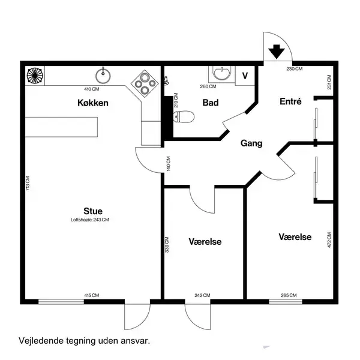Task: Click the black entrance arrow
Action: [277, 52]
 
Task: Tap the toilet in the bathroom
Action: [184, 116]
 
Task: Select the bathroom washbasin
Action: [222, 73]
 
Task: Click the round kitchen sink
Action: [103, 76]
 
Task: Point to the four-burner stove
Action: [145, 83]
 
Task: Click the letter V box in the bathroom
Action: [245, 76]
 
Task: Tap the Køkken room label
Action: [93, 103]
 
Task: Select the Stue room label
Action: [93, 211]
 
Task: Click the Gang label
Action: [251, 143]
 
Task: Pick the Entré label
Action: [290, 101]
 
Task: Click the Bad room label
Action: [211, 103]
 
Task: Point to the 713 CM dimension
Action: [28, 183]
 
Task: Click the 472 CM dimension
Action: [329, 240]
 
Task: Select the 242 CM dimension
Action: [202, 295]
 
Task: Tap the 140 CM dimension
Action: [169, 164]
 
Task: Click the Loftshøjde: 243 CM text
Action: [90, 220]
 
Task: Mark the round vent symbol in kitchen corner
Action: [35, 76]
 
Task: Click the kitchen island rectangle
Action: [61, 127]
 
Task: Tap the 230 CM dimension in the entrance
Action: [295, 68]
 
